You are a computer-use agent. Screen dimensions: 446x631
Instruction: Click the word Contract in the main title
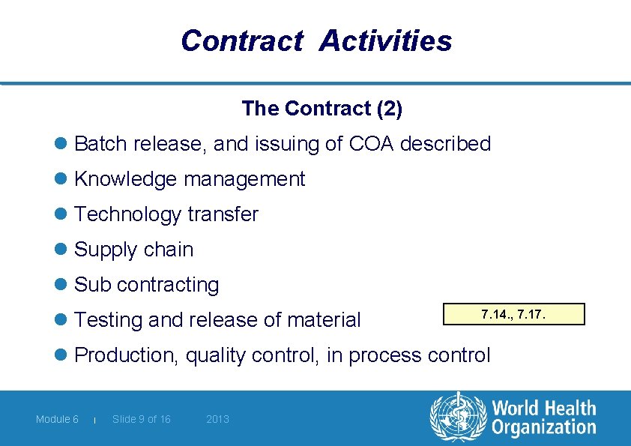(x=241, y=40)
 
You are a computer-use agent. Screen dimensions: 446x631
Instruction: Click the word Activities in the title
(x=385, y=40)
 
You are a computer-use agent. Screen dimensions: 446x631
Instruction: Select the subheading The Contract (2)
(x=321, y=109)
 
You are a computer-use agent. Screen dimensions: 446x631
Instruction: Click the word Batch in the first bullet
(x=101, y=143)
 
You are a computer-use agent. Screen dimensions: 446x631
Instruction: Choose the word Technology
(x=128, y=214)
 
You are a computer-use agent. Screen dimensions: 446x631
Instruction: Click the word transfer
(x=223, y=214)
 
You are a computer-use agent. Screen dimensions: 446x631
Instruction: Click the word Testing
(x=109, y=320)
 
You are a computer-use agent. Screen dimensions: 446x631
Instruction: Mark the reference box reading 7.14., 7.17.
(x=513, y=313)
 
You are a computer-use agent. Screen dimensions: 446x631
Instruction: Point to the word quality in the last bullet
(x=216, y=355)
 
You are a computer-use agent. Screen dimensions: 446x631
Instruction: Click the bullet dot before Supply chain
(x=61, y=250)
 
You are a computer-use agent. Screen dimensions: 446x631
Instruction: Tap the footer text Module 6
(x=57, y=419)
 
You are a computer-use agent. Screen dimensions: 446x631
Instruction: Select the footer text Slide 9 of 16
(x=142, y=419)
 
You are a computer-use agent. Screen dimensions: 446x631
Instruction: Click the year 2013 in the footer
(x=217, y=419)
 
